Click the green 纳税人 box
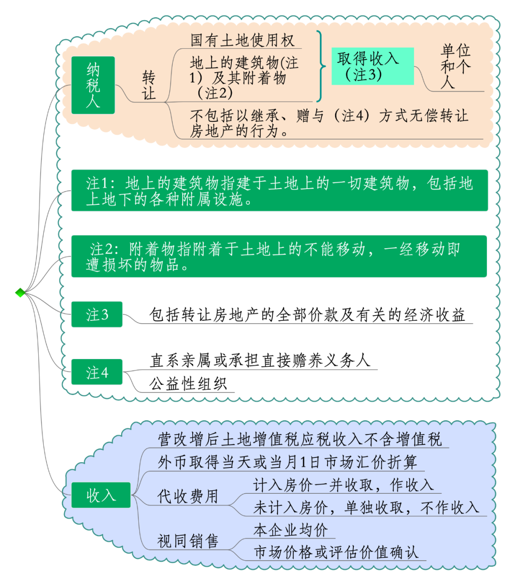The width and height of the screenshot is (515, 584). (93, 85)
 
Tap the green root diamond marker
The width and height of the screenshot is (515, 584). (20, 292)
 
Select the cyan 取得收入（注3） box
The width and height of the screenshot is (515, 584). (372, 66)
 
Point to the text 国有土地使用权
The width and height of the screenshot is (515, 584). (242, 40)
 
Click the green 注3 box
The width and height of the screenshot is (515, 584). (97, 314)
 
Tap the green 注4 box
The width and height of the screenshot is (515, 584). (97, 372)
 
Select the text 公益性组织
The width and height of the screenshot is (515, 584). (188, 383)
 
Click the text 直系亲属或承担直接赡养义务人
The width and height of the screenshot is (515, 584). (260, 360)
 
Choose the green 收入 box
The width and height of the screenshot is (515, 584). (101, 495)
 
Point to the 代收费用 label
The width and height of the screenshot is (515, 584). (187, 496)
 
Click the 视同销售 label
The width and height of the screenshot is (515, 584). (187, 541)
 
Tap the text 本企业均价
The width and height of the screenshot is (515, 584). (290, 530)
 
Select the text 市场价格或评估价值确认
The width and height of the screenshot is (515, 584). (336, 552)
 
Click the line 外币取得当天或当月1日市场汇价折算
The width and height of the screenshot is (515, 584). (287, 462)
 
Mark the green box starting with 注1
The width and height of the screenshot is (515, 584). (279, 190)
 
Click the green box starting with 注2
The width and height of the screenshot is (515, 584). (279, 256)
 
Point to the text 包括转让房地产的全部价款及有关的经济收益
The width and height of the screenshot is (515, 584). (307, 315)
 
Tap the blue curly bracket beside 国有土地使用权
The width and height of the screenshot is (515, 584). (320, 66)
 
